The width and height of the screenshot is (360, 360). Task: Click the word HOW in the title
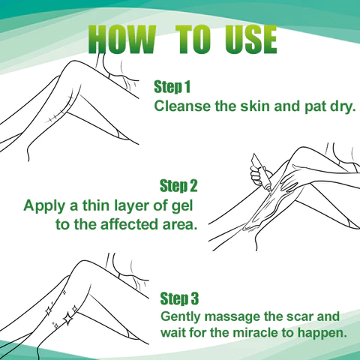pyautogui.click(x=121, y=39)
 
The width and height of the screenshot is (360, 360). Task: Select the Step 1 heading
pyautogui.click(x=172, y=87)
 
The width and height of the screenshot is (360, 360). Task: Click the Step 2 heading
pyautogui.click(x=178, y=185)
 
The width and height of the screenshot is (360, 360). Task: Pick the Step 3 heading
pyautogui.click(x=179, y=298)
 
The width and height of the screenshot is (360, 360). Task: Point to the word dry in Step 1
pyautogui.click(x=343, y=107)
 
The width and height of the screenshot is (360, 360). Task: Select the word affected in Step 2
pyautogui.click(x=130, y=224)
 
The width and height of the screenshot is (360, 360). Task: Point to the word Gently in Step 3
pyautogui.click(x=181, y=317)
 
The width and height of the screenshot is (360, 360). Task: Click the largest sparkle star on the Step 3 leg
pyautogui.click(x=67, y=319)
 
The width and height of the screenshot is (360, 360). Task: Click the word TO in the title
pyautogui.click(x=193, y=39)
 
